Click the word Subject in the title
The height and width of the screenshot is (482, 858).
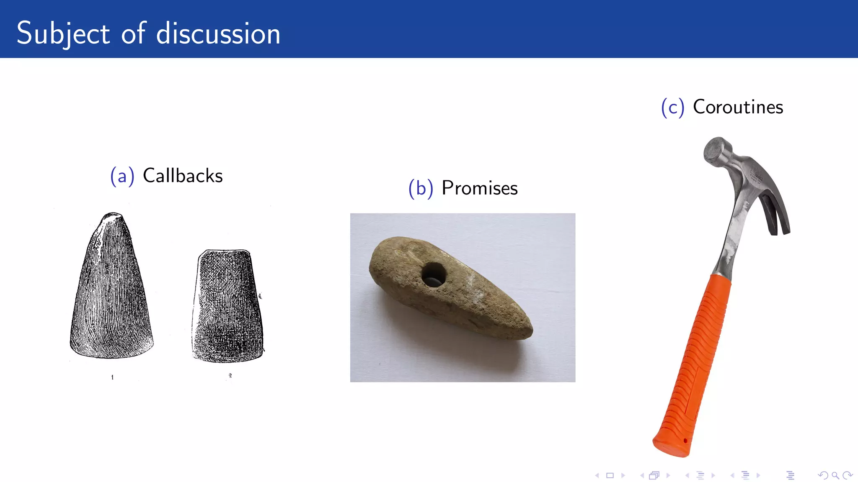click(63, 33)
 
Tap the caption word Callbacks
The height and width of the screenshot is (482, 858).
click(183, 176)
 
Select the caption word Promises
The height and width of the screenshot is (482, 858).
click(480, 188)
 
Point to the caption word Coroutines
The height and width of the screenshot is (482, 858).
click(738, 107)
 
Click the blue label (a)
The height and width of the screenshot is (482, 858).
click(122, 176)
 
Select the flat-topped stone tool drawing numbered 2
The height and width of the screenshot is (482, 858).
click(227, 305)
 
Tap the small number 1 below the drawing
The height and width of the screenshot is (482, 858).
click(112, 377)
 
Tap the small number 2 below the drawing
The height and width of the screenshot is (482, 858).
click(230, 375)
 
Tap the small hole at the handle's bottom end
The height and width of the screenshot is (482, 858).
click(685, 441)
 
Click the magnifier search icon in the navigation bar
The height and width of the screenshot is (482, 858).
click(835, 475)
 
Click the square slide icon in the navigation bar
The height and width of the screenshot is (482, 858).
click(610, 475)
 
